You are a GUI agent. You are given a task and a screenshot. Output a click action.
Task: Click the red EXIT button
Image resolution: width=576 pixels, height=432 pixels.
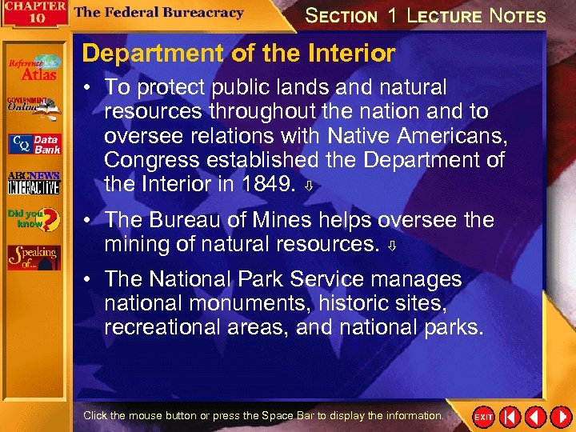(483, 417)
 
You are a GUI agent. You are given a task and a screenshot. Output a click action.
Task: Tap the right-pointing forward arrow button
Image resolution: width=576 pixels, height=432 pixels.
(558, 417)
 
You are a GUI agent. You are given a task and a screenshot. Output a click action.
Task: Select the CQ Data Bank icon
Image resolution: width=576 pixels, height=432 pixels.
(34, 144)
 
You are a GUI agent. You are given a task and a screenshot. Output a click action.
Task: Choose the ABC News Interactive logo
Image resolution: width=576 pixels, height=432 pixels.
(34, 183)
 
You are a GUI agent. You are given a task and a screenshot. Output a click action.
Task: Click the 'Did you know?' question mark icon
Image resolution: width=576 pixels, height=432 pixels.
(34, 218)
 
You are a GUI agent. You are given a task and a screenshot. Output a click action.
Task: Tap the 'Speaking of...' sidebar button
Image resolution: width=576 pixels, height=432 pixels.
(34, 256)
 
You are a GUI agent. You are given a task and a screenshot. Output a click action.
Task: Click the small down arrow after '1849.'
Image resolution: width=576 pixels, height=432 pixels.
(309, 186)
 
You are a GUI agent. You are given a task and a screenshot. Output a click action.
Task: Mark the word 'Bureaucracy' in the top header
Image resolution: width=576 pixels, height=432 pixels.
(197, 13)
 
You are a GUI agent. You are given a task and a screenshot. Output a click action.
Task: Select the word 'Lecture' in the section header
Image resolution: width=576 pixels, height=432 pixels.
(444, 15)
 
